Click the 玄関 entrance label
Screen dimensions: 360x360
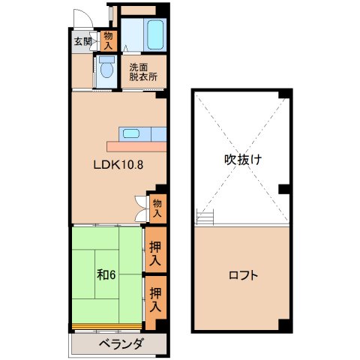point(82,41)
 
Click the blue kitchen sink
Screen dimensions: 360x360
point(130,134)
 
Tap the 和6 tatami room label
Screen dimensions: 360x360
point(104,274)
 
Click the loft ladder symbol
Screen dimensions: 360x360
point(205,217)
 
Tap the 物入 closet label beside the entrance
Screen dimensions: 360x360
point(109,40)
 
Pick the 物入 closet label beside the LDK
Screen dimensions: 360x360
point(157,207)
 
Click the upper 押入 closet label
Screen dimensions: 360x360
point(154,253)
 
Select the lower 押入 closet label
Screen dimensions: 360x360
point(154,299)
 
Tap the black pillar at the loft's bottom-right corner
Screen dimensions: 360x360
point(283,325)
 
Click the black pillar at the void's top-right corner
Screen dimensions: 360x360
point(283,94)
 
